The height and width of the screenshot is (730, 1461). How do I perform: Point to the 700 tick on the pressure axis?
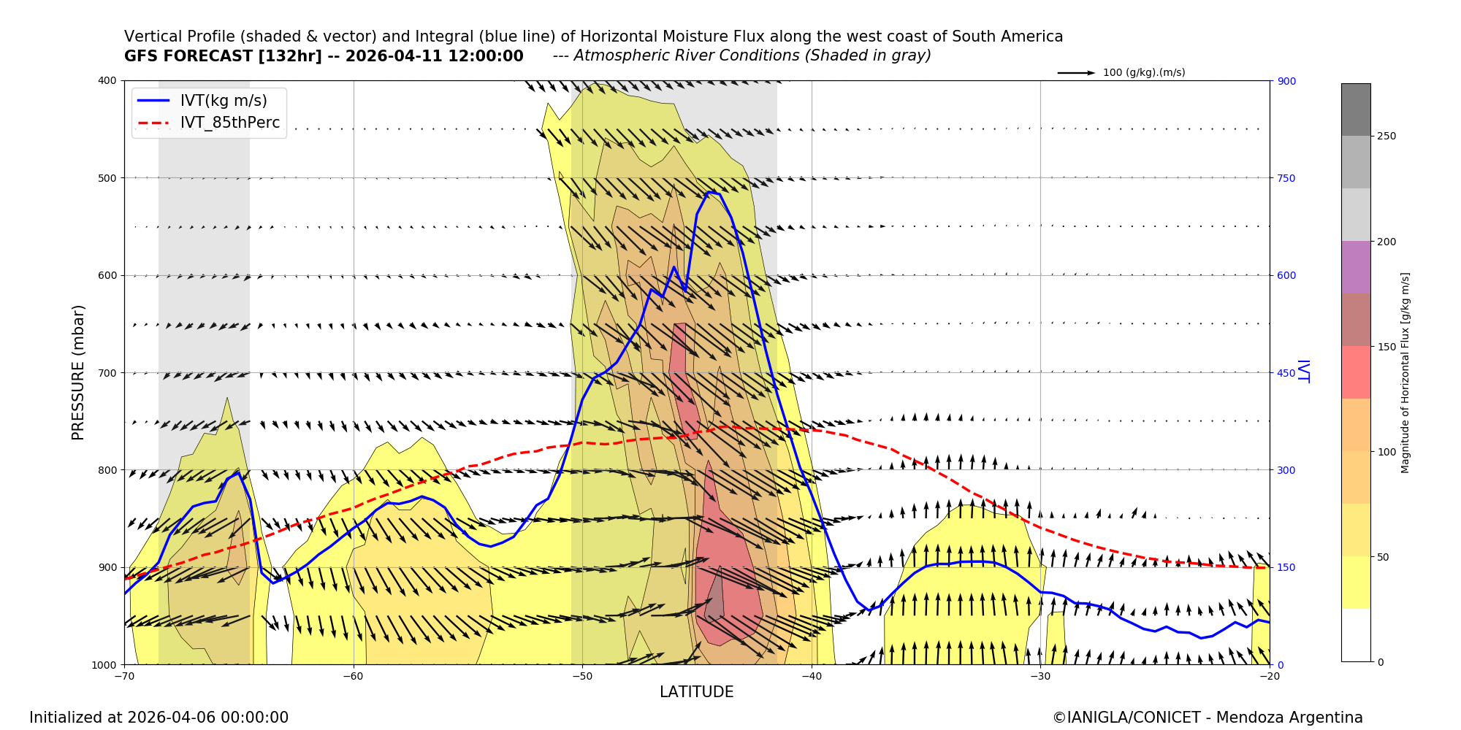(106, 373)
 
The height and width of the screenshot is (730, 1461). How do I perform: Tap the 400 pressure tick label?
(106, 80)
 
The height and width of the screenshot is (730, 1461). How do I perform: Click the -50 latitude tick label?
(581, 676)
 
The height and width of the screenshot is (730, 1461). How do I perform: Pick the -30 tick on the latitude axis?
(1040, 676)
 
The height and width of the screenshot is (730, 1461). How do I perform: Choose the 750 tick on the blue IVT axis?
(1286, 178)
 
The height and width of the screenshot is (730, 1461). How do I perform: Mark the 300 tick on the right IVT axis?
(1286, 470)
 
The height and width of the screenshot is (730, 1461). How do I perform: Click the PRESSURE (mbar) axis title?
(78, 372)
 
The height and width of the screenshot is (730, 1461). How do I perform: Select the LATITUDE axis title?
(696, 692)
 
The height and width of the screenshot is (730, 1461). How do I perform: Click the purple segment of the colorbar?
(1356, 267)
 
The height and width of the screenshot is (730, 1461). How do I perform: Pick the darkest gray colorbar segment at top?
(1356, 109)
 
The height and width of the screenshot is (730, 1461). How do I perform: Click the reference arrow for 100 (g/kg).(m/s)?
(1076, 73)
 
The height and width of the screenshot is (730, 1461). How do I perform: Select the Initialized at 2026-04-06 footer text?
(159, 718)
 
